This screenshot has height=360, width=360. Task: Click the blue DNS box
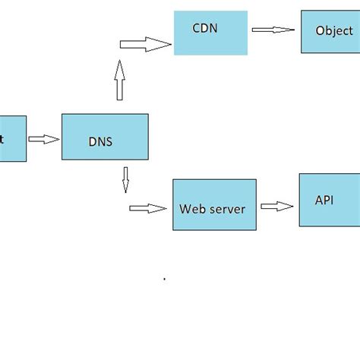pyautogui.click(x=105, y=137)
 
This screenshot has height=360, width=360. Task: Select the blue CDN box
pyautogui.click(x=210, y=33)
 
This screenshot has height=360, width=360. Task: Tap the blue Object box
pyautogui.click(x=330, y=31)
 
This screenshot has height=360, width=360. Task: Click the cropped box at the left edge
pyautogui.click(x=12, y=138)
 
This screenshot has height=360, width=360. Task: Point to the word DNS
pyautogui.click(x=101, y=142)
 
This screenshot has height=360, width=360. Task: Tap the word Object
pyautogui.click(x=334, y=31)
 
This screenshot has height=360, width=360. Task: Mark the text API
pyautogui.click(x=324, y=200)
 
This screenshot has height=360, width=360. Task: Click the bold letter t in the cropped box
pyautogui.click(x=2, y=139)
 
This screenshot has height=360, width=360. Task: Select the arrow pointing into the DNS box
pyautogui.click(x=44, y=139)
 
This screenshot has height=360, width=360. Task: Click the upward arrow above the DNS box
pyautogui.click(x=119, y=81)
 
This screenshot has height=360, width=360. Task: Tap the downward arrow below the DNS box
pyautogui.click(x=125, y=179)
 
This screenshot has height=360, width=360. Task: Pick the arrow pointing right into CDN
pyautogui.click(x=146, y=46)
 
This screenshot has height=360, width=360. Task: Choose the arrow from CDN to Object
pyautogui.click(x=273, y=30)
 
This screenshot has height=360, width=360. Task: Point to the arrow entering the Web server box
pyautogui.click(x=147, y=208)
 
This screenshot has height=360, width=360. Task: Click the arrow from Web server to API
pyautogui.click(x=276, y=206)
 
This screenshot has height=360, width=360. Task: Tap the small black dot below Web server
pyautogui.click(x=165, y=279)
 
